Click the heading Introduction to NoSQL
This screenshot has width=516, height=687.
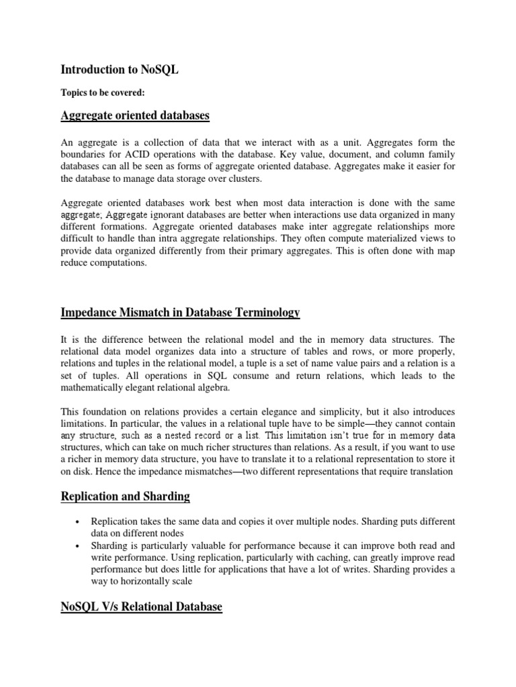pos(120,69)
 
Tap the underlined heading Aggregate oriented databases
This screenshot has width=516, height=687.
pos(135,116)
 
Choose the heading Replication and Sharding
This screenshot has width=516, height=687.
pos(125,496)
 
